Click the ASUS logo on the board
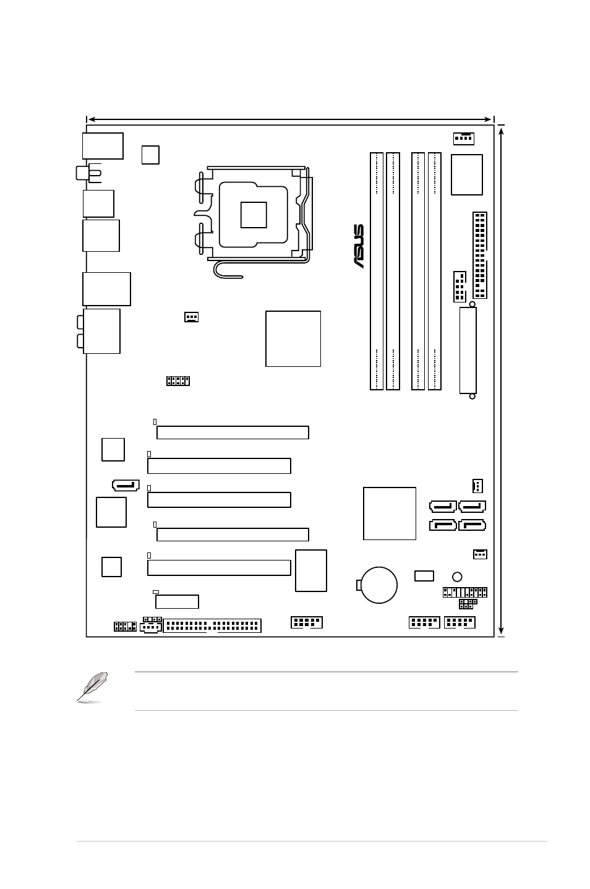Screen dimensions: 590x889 (x=359, y=246)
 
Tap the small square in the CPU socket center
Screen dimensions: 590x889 (x=254, y=215)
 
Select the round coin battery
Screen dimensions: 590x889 (x=378, y=585)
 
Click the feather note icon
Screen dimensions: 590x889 (x=92, y=688)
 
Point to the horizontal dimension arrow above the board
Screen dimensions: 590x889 (x=289, y=119)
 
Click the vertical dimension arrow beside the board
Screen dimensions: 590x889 (x=501, y=381)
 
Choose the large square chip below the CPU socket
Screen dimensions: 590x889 (x=293, y=338)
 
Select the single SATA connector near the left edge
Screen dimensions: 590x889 (x=126, y=485)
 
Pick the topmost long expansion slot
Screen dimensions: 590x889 (x=233, y=432)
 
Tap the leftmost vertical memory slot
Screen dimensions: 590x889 (x=377, y=271)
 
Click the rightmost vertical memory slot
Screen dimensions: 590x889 (x=435, y=271)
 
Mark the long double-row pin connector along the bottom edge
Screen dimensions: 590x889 (x=212, y=625)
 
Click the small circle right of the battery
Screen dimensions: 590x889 (x=457, y=577)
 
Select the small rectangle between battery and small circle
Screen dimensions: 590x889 (x=424, y=576)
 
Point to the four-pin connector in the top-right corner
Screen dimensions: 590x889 (x=464, y=139)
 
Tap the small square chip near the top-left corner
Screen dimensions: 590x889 (x=150, y=155)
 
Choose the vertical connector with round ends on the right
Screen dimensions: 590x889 (x=468, y=350)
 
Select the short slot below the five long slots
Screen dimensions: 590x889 (x=177, y=601)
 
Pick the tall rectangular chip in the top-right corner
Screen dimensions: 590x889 (x=466, y=174)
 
